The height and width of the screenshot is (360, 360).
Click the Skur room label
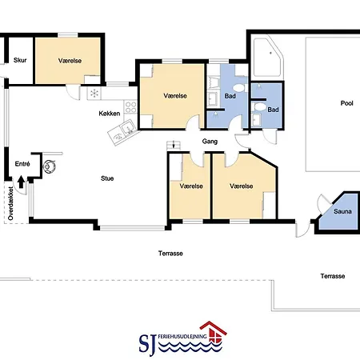pyautogui.click(x=20, y=60)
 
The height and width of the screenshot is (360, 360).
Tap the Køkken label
pyautogui.click(x=110, y=114)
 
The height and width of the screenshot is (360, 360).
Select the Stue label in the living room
pyautogui.click(x=107, y=178)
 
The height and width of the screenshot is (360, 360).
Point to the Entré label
pyautogui.click(x=22, y=164)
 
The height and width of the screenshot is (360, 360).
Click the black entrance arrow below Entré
pyautogui.click(x=21, y=182)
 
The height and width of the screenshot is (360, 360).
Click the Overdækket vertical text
pyautogui.click(x=10, y=203)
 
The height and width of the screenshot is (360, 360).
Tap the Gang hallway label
pyautogui.click(x=210, y=142)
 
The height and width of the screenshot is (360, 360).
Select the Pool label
pyautogui.click(x=346, y=103)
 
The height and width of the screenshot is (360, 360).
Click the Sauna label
pyautogui.click(x=342, y=211)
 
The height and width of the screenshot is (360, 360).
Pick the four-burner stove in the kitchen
pyautogui.click(x=130, y=106)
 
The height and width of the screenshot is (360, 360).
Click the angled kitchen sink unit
pyautogui.click(x=124, y=132)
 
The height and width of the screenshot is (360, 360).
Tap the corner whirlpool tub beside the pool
pyautogui.click(x=268, y=58)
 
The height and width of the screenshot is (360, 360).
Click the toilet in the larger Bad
pyautogui.click(x=240, y=88)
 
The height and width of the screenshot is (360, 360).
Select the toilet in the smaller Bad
pyautogui.click(x=260, y=107)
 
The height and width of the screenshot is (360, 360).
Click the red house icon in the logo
pyautogui.click(x=214, y=332)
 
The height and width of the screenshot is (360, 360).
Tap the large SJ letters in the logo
pyautogui.click(x=147, y=344)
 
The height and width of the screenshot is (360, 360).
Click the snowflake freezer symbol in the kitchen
pyautogui.click(x=94, y=94)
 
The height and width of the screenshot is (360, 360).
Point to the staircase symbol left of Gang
pyautogui.click(x=174, y=146)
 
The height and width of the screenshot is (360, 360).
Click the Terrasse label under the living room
pyautogui.click(x=170, y=254)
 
